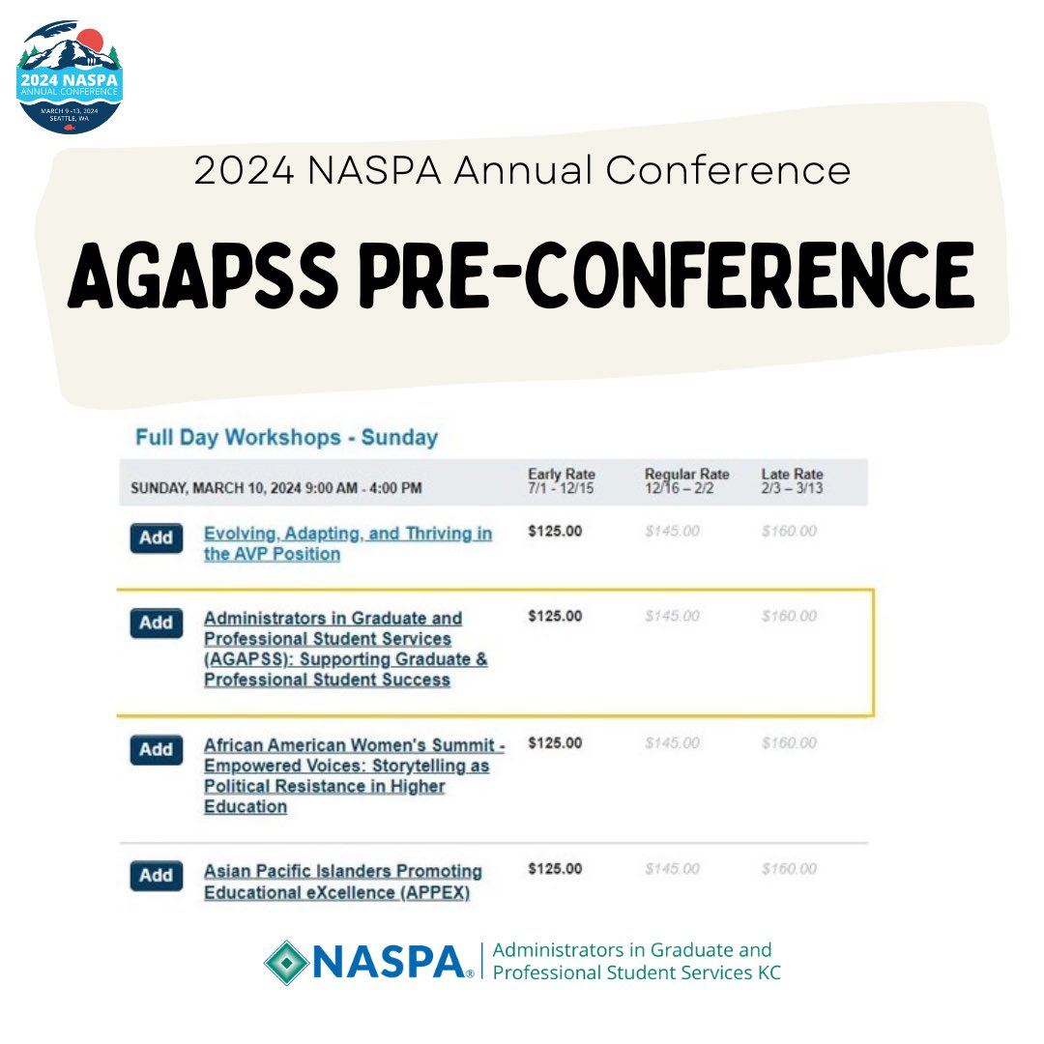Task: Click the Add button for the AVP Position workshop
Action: (156, 538)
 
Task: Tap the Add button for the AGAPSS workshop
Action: (156, 623)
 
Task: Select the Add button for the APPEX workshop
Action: (156, 876)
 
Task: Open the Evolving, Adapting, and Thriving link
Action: (347, 543)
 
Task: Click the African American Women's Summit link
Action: (354, 775)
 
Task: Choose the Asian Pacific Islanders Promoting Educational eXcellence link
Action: (342, 881)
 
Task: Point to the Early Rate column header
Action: (562, 480)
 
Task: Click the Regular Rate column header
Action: (686, 480)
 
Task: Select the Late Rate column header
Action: (792, 480)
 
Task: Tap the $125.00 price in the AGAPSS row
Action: (555, 617)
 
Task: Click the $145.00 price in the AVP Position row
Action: (672, 532)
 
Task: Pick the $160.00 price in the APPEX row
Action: (789, 869)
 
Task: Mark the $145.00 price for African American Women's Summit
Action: (672, 743)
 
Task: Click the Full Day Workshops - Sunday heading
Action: (286, 437)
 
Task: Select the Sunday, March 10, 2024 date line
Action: (276, 488)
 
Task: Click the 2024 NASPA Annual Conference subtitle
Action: (522, 171)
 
